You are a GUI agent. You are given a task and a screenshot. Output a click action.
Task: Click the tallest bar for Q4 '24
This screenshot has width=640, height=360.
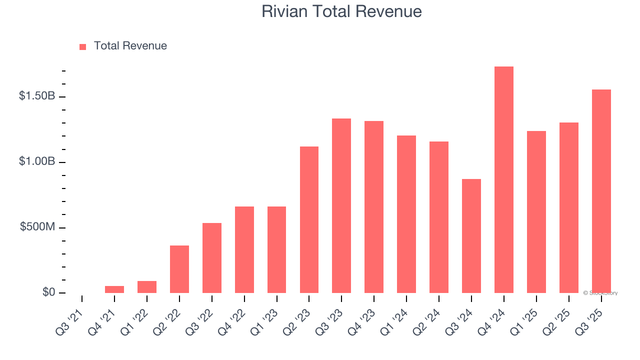click(x=503, y=180)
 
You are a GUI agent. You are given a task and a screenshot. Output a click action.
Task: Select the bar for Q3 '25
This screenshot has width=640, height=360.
click(x=601, y=191)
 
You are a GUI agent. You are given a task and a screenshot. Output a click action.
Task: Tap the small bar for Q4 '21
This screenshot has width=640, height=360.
click(x=114, y=289)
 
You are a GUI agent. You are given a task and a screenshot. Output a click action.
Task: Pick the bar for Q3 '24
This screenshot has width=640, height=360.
click(x=471, y=236)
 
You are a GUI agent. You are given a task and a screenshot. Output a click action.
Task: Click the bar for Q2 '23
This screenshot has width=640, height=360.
click(x=309, y=220)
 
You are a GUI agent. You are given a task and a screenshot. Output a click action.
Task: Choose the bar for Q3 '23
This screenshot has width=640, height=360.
click(x=341, y=206)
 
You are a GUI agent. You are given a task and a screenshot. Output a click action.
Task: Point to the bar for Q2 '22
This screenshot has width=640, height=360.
click(x=179, y=269)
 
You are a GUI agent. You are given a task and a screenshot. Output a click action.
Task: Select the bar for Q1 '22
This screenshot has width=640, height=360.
click(x=147, y=287)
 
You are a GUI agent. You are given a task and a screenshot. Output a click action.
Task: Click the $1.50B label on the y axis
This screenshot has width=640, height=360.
click(x=37, y=96)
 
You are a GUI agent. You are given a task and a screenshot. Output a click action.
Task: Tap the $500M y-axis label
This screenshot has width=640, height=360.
click(x=37, y=227)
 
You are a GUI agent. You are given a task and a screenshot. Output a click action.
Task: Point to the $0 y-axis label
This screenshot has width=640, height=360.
click(x=48, y=292)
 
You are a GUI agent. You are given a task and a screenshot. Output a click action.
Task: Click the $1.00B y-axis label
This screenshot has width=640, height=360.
click(x=37, y=162)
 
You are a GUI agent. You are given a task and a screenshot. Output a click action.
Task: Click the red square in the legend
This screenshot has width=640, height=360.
click(x=83, y=46)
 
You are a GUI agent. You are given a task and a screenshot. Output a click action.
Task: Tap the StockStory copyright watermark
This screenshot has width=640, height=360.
click(x=600, y=293)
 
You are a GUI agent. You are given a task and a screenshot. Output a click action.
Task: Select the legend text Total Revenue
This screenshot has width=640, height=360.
click(x=130, y=46)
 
